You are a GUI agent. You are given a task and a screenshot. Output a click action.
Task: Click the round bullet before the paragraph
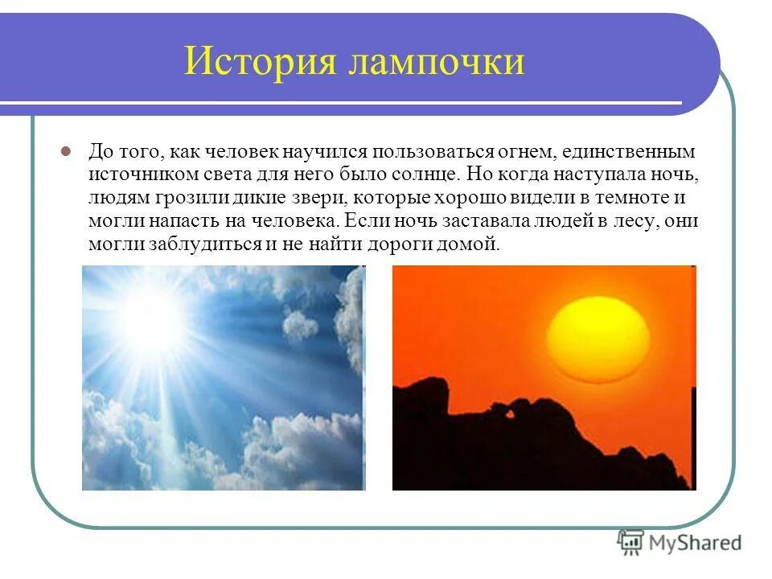(68, 151)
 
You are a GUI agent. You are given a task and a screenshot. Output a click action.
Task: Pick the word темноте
(629, 198)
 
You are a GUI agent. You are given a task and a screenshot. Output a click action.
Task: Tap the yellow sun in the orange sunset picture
(597, 336)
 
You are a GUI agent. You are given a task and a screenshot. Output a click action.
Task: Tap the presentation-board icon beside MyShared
(630, 543)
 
